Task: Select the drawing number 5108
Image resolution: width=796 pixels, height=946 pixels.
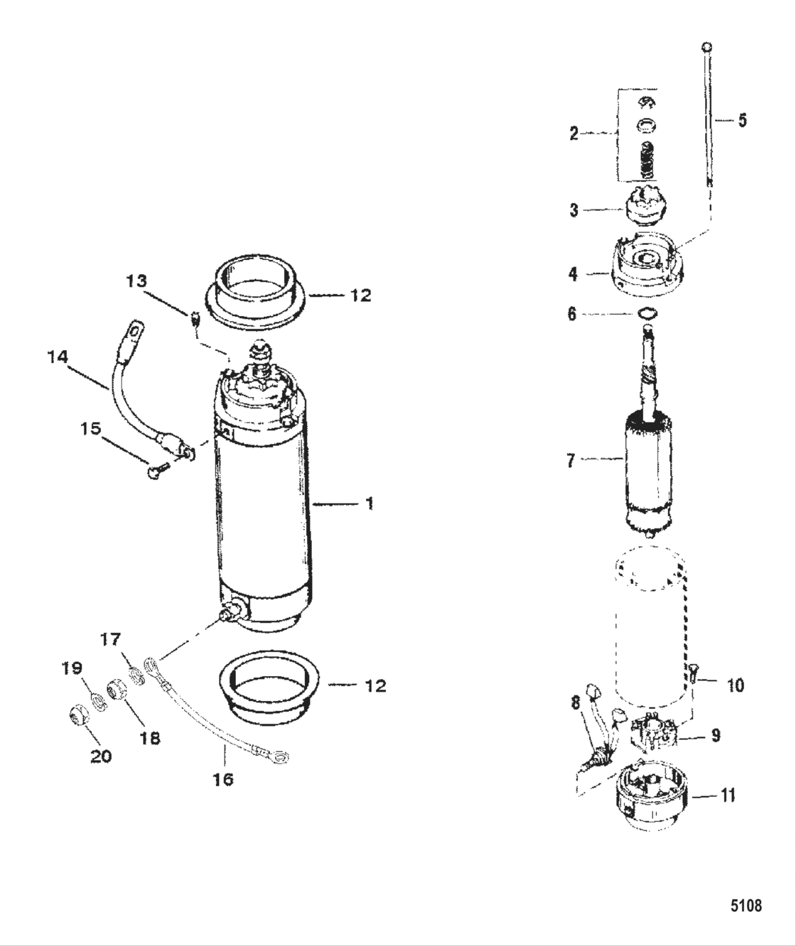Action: [746, 906]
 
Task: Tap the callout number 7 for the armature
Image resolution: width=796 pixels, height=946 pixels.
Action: [571, 460]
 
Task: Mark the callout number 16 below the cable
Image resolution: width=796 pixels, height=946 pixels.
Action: [222, 779]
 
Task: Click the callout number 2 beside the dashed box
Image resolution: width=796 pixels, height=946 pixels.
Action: [574, 133]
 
